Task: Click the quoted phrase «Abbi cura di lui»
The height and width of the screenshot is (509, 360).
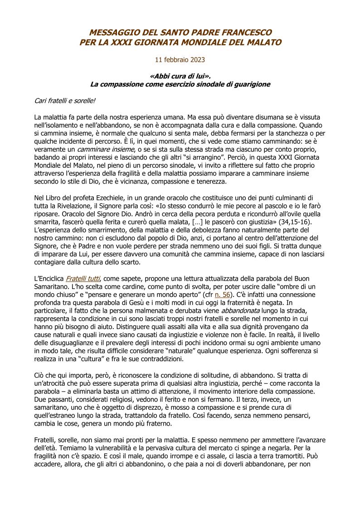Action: (180, 76)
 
